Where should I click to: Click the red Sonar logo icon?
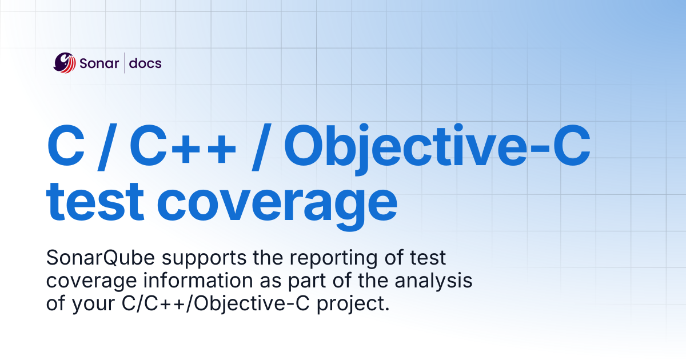coord(65,63)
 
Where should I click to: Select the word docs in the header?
coord(145,63)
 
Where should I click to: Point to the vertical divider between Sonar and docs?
coord(124,63)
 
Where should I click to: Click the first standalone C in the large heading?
coord(65,147)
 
